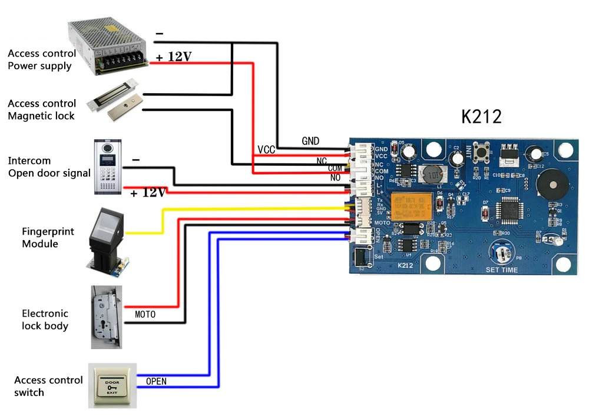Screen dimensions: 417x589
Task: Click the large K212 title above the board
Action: (x=481, y=116)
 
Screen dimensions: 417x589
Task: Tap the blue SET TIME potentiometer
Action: (x=502, y=253)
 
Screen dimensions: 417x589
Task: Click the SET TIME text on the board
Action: (x=502, y=270)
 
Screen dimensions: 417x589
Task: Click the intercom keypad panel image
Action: (x=110, y=167)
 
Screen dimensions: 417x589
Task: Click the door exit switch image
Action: (x=112, y=386)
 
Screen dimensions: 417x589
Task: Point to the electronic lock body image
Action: (x=106, y=317)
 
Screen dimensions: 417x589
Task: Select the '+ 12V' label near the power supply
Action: (x=174, y=57)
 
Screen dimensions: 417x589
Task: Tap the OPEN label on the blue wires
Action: (x=156, y=382)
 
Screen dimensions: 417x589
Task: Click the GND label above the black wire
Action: (x=310, y=141)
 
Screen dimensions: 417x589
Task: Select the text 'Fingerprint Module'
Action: (x=48, y=237)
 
